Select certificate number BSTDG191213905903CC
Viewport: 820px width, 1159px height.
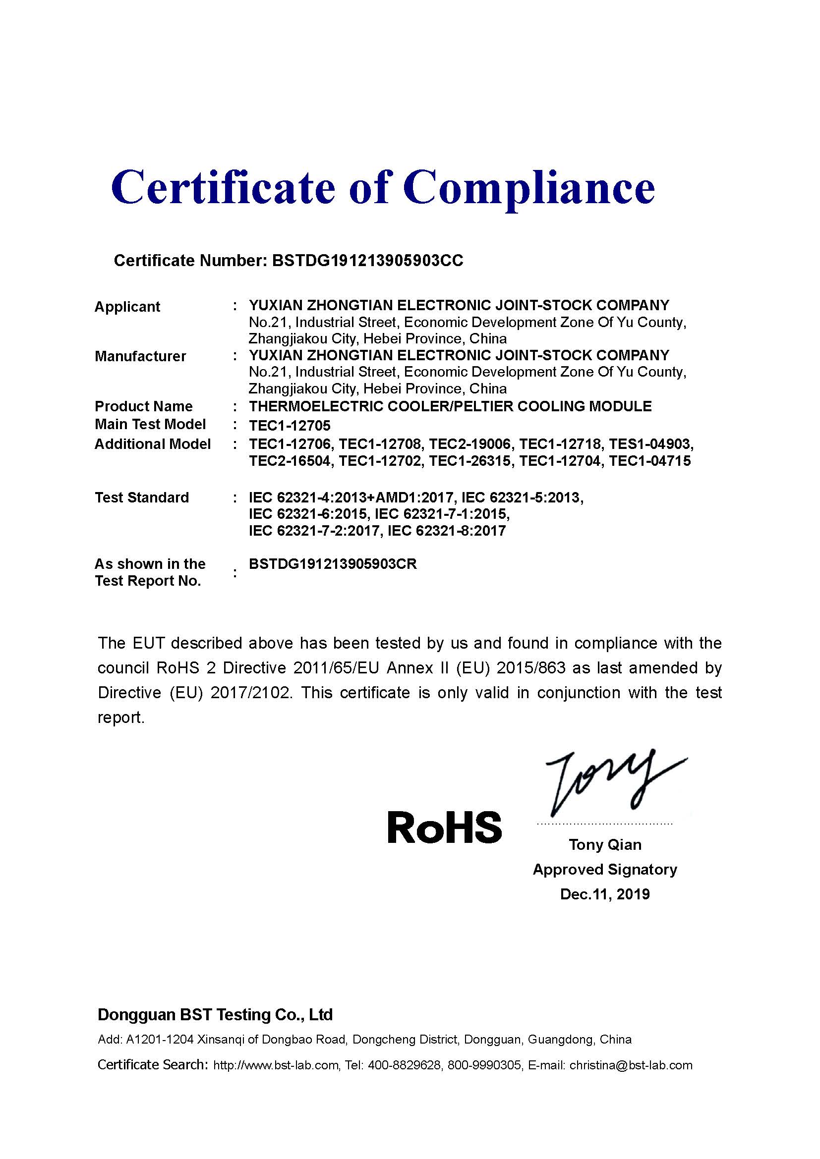(x=367, y=261)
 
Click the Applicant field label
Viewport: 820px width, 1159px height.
(x=127, y=306)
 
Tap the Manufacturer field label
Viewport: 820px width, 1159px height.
(x=140, y=356)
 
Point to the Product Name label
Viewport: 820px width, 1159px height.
(x=143, y=406)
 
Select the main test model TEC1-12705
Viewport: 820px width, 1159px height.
(x=290, y=426)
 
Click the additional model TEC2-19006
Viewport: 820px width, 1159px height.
(x=470, y=443)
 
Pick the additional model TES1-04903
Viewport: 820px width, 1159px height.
(x=650, y=443)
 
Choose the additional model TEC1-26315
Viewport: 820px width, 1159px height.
(x=470, y=461)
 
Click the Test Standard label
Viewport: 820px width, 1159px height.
(x=142, y=497)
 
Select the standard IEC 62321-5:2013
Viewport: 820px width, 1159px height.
(x=522, y=497)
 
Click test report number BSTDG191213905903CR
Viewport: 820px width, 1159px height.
(x=333, y=564)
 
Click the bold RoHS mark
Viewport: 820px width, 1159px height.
(x=444, y=828)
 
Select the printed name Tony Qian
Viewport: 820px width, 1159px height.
(x=605, y=844)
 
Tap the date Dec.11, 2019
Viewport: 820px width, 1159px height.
(x=605, y=894)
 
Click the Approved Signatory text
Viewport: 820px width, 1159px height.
(x=605, y=869)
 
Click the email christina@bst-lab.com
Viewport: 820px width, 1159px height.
(x=631, y=1065)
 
